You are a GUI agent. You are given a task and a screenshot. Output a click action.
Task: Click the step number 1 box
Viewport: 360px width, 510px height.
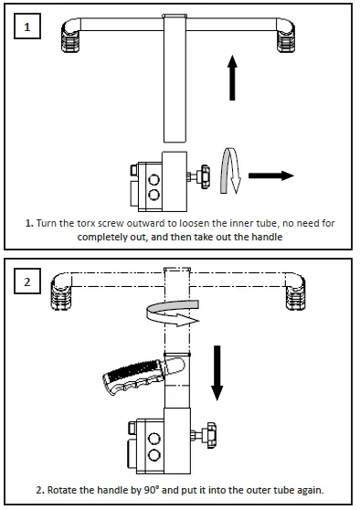(x=27, y=26)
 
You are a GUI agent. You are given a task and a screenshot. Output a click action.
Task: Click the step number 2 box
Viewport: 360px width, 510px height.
(x=27, y=281)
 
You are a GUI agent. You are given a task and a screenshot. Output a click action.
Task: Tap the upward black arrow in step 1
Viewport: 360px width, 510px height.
(x=232, y=78)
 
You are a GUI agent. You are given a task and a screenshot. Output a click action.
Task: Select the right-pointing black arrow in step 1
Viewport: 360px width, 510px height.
(x=271, y=175)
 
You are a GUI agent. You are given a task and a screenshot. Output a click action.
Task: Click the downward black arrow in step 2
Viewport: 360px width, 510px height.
(x=217, y=373)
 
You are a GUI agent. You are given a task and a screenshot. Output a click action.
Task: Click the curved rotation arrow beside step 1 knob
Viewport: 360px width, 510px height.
(x=230, y=171)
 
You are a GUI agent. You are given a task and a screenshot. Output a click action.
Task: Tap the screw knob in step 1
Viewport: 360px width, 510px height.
(x=205, y=176)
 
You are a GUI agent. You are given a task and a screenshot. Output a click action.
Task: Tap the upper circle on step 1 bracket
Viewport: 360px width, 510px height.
(x=154, y=179)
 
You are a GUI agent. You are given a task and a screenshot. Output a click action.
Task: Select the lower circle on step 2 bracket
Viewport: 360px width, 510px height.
(x=154, y=454)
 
